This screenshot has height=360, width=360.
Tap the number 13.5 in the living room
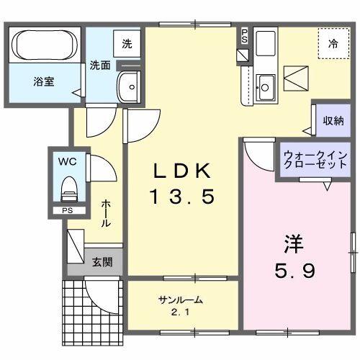click(181, 196)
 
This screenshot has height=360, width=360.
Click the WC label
click(66, 161)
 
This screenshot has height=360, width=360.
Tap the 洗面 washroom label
click(99, 65)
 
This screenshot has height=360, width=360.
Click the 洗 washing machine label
click(127, 42)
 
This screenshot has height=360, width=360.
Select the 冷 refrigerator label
click(333, 44)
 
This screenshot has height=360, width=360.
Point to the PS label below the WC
click(66, 210)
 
